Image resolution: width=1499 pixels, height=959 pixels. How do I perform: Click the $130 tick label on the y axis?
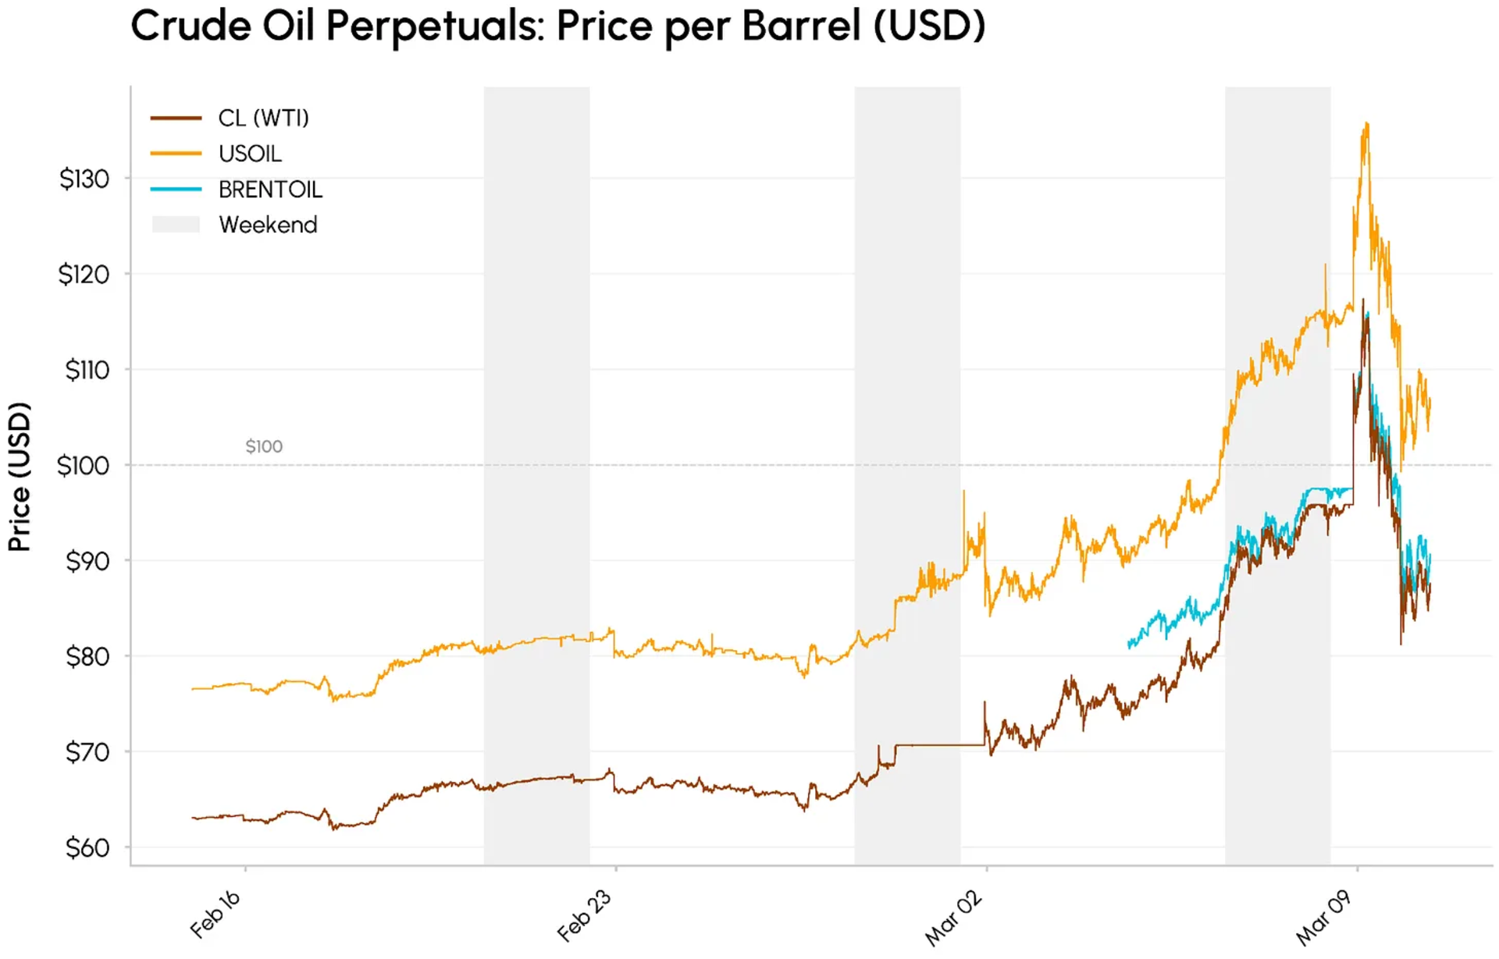tap(84, 179)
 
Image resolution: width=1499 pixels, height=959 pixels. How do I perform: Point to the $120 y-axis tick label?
tap(84, 275)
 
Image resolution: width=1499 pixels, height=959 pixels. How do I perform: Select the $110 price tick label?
tap(87, 370)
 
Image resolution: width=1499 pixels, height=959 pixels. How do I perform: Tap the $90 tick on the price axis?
tap(87, 561)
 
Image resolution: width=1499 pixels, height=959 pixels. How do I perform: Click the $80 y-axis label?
tap(87, 657)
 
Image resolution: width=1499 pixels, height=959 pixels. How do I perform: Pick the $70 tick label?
tap(87, 752)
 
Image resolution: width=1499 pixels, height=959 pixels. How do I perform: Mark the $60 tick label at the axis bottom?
tap(87, 847)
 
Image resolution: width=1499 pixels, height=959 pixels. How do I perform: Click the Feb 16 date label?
tap(215, 914)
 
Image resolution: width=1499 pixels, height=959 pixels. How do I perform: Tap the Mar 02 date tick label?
tap(953, 918)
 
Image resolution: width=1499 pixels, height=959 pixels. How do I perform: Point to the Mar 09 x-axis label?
tap(1323, 918)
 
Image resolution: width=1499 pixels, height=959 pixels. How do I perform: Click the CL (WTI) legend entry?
tap(263, 119)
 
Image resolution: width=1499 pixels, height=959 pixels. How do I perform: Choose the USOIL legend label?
tap(250, 154)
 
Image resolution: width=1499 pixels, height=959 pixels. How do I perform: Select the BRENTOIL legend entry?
tap(270, 190)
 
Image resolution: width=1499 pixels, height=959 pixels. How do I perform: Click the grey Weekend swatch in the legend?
tap(176, 225)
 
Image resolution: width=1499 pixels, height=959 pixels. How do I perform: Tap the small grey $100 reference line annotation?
tap(264, 446)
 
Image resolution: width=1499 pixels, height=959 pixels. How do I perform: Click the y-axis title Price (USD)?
tap(20, 477)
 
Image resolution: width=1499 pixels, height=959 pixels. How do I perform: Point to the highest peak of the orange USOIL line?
tap(1365, 123)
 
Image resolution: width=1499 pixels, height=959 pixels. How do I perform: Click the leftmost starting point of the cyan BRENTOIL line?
tap(1130, 645)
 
